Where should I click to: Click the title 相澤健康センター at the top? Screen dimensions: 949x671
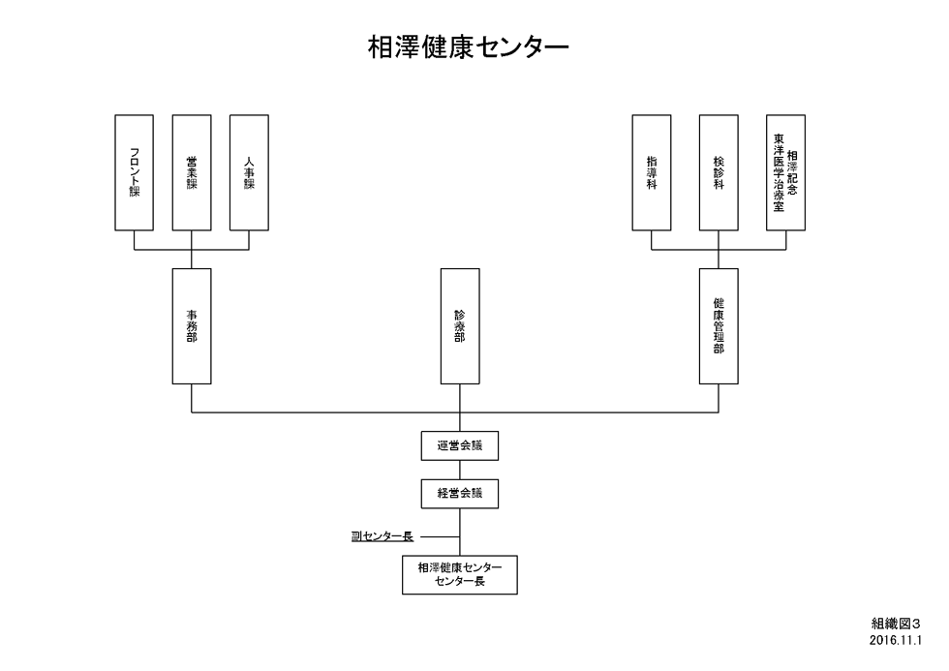coord(469,47)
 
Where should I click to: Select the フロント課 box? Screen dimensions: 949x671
coord(134,172)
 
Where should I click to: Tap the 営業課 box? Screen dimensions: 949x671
coord(192,172)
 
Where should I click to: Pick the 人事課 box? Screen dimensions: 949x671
coord(249,172)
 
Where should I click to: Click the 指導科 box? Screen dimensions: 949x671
coord(651,172)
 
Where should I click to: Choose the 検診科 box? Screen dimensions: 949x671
coord(719,172)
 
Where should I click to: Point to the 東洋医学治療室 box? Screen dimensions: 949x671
coord(785,172)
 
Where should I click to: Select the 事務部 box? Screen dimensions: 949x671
coord(192,326)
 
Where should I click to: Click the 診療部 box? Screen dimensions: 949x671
coord(460,326)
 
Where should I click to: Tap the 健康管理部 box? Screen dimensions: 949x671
coord(719,326)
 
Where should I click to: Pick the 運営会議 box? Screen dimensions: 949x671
coord(460,446)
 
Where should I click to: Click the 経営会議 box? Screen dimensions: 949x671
coord(460,494)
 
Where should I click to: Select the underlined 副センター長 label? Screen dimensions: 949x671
coord(383,536)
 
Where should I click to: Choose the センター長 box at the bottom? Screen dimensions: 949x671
coord(460,575)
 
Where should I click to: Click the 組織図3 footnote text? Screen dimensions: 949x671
coord(897,624)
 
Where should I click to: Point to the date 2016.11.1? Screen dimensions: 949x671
coord(896,640)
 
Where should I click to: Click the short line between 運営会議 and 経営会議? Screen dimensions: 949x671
coord(460,471)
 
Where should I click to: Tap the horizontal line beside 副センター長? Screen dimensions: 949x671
coord(440,536)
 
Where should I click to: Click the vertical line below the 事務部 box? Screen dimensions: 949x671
coord(192,398)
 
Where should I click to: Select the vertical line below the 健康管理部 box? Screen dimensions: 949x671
coord(719,398)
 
